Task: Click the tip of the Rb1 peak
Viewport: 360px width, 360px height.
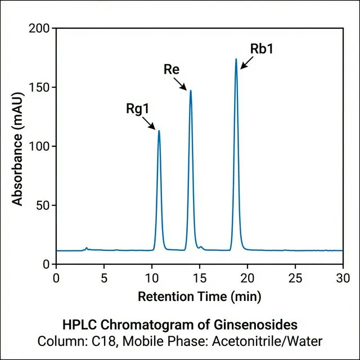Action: coord(236,58)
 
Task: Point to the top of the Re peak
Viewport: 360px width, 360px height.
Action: coord(191,91)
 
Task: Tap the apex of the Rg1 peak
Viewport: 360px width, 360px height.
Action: coord(159,131)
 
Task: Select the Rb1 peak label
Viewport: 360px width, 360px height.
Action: coord(262,48)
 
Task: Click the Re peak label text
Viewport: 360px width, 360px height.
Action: coord(172,70)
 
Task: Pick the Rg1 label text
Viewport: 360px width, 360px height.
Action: coord(138,109)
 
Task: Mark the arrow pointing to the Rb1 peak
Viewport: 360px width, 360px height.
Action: coord(246,62)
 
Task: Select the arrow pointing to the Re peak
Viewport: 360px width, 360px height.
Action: coord(181,84)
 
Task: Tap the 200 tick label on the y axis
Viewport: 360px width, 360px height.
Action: coord(39,28)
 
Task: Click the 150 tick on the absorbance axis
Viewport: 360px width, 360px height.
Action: coord(39,87)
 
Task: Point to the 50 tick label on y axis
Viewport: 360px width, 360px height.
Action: coord(42,205)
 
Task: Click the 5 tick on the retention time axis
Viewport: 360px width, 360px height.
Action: coord(103,277)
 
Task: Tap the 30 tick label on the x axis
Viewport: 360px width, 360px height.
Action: coord(343,277)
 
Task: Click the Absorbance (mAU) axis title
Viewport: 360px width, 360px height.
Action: coord(18,146)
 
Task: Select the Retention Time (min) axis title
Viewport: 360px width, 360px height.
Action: coord(199,296)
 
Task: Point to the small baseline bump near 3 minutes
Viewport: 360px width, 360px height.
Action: coord(86,247)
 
